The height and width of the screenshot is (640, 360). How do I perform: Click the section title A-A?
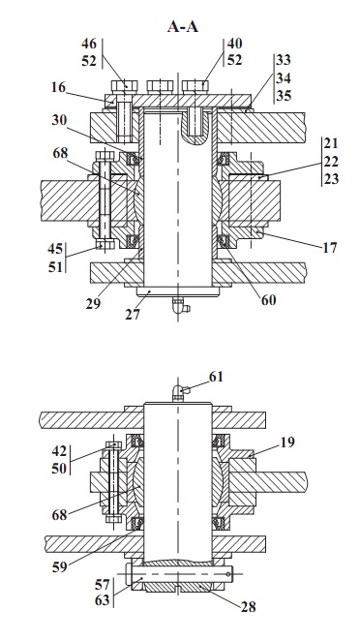click(183, 27)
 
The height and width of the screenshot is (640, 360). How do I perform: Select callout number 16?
click(58, 87)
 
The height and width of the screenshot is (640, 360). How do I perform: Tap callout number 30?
click(59, 120)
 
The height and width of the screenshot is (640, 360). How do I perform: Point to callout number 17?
click(330, 247)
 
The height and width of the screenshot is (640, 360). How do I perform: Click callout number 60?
click(269, 300)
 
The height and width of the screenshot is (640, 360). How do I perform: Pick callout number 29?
click(93, 304)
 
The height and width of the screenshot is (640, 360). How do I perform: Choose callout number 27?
click(133, 315)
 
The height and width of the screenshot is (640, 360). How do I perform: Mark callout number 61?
click(217, 377)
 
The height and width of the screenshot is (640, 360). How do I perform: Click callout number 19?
click(287, 442)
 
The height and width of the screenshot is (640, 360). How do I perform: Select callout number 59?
click(59, 567)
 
